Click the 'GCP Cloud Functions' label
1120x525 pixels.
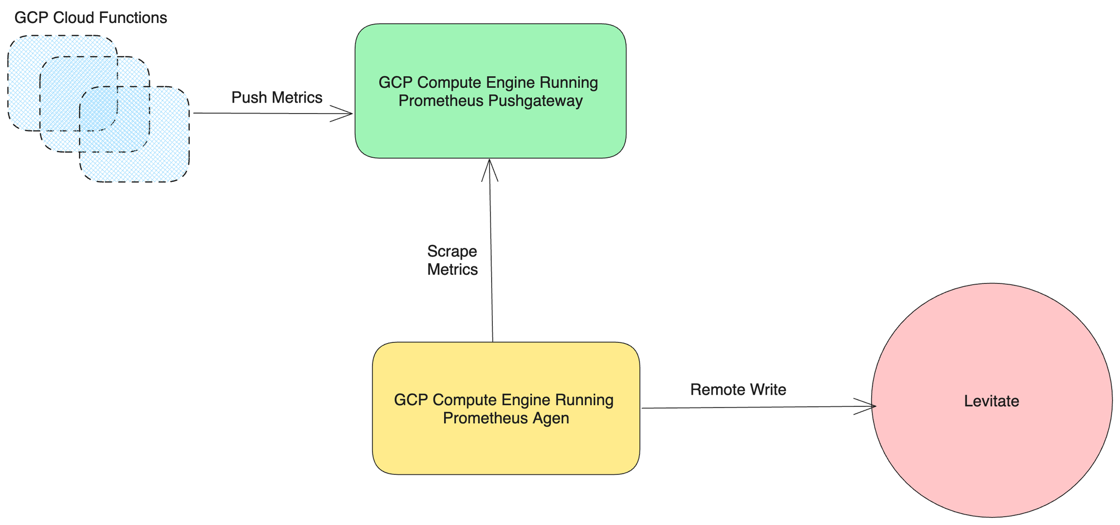[x=91, y=18]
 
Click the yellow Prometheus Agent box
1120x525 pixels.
[x=506, y=448]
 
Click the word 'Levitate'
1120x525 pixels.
[x=991, y=401]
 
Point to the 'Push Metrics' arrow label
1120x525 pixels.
[x=277, y=98]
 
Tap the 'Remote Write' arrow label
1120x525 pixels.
[x=738, y=390]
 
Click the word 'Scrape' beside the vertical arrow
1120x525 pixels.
[x=452, y=251]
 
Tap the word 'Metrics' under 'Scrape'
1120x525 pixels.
[x=452, y=270]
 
